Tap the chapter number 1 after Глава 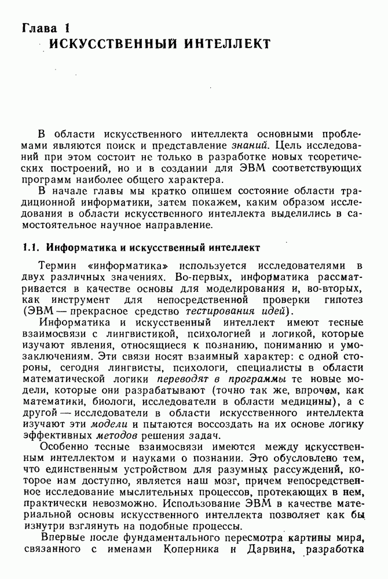pyautogui.click(x=67, y=27)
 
